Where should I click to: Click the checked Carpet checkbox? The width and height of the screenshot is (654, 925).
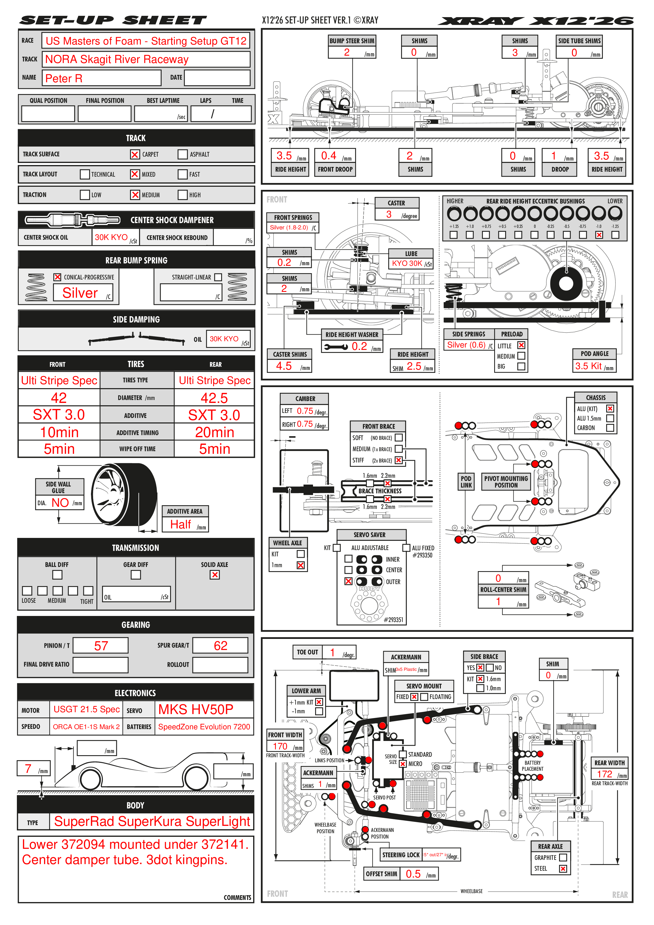click(134, 154)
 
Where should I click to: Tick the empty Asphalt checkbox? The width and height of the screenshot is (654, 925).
click(182, 154)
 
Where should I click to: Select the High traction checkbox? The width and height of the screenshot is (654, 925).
click(182, 195)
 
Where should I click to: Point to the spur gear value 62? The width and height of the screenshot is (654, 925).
click(220, 646)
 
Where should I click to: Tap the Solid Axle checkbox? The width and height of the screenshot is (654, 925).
click(215, 575)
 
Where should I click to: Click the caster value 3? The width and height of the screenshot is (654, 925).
click(389, 214)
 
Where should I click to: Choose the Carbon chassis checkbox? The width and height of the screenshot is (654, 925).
click(610, 428)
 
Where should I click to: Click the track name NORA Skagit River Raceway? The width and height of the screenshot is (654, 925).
click(117, 60)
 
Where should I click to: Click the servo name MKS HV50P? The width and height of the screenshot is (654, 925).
click(196, 710)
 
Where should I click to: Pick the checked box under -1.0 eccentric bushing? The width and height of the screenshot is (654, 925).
click(599, 235)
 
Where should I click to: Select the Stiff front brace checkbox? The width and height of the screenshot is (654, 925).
click(398, 460)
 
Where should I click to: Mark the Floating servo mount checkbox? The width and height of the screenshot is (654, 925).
click(424, 697)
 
